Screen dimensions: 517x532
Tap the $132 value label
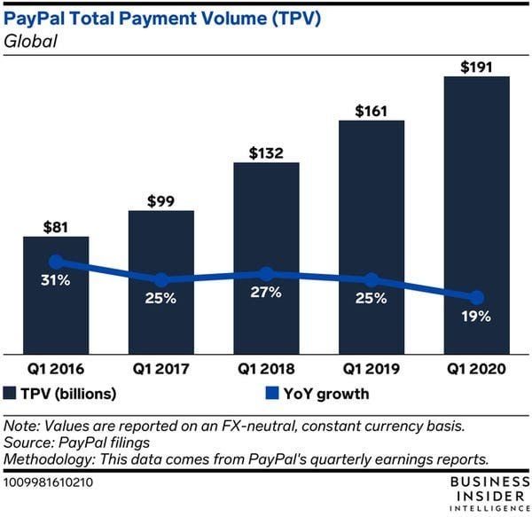point(266,152)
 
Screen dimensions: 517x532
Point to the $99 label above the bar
point(161,200)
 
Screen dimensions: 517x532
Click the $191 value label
point(476,66)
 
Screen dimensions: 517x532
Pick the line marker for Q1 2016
point(56,262)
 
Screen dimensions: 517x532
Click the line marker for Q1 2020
point(476,297)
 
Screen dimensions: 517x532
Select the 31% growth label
point(57,281)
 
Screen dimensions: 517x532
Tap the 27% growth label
point(266,293)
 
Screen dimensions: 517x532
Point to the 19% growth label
point(476,316)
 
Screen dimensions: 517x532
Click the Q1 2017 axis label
point(161,365)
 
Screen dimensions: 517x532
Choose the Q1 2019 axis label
point(372,365)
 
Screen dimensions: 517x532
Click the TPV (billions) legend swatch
point(12,392)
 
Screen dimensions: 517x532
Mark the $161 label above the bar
point(372,111)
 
